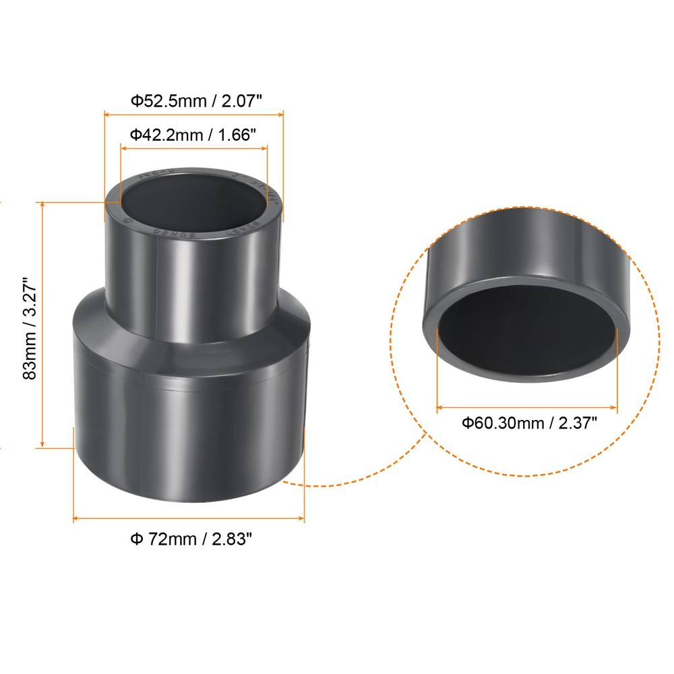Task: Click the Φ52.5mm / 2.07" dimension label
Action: click(195, 101)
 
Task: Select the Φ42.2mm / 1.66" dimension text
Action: click(193, 134)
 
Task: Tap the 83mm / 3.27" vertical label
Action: click(30, 328)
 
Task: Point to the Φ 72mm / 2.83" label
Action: click(191, 539)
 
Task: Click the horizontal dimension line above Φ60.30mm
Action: click(527, 407)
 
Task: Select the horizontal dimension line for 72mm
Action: click(189, 518)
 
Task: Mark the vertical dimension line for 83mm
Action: click(42, 324)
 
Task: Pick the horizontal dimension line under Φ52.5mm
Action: click(193, 115)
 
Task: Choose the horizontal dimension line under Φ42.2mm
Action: click(193, 148)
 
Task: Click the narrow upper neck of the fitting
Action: click(193, 276)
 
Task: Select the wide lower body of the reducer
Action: click(189, 431)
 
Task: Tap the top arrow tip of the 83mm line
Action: click(42, 203)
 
